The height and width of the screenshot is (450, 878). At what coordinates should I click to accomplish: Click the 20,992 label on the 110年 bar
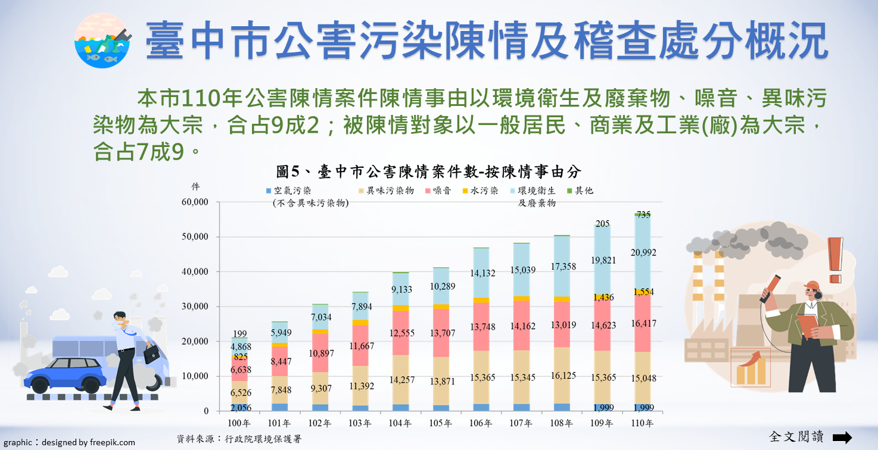coord(643,252)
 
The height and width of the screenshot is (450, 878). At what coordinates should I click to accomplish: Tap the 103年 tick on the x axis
coord(360,424)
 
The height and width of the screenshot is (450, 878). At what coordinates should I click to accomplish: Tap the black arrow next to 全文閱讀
coord(842,437)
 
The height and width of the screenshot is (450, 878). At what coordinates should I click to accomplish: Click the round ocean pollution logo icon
coord(102,40)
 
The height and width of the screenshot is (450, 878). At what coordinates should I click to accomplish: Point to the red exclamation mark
coord(836,260)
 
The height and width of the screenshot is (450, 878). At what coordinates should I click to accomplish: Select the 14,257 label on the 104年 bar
coord(400,380)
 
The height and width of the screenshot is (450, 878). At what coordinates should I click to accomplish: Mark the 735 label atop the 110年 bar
coord(643,215)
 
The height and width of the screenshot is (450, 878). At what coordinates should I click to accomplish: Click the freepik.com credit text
coord(67,442)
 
